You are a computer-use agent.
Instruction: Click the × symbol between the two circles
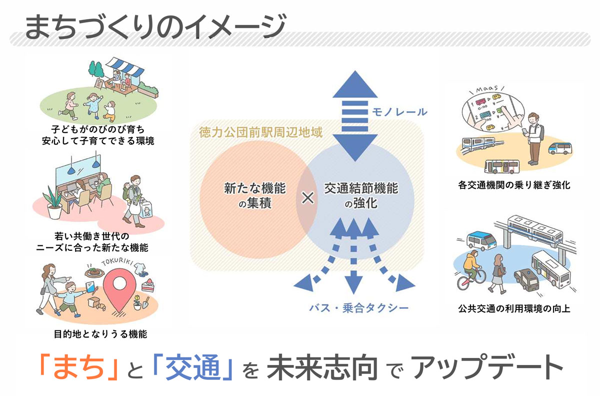coord(308,198)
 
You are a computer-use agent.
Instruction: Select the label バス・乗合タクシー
coord(358,306)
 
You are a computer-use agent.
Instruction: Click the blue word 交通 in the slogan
coord(194,368)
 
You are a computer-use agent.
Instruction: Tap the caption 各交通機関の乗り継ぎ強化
coord(514,185)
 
